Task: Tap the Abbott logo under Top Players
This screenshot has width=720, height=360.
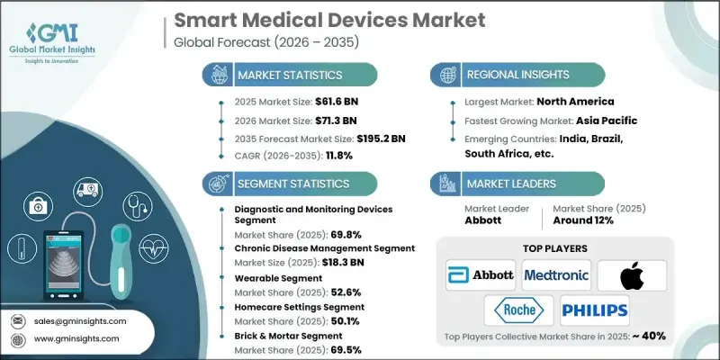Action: pos(481,274)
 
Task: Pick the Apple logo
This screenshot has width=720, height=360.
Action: pos(630,274)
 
